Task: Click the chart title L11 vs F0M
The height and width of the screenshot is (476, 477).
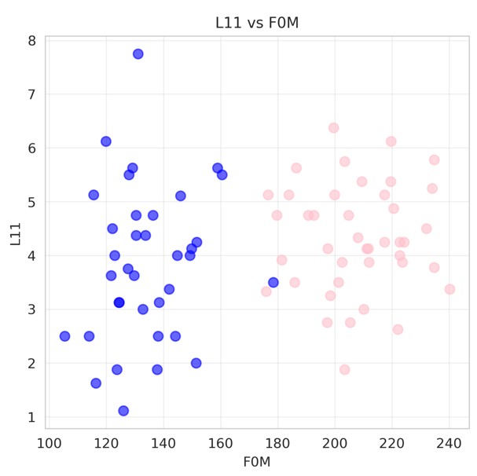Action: pos(257,23)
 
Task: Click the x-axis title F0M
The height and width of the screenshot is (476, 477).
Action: pos(257,462)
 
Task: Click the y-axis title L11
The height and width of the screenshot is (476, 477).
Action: pos(15,233)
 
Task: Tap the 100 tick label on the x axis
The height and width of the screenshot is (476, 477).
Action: pos(49,443)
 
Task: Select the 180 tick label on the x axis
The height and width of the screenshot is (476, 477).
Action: pos(277,443)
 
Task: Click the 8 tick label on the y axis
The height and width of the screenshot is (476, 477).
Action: pos(31,41)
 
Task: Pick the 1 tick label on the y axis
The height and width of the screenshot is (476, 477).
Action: pos(31,417)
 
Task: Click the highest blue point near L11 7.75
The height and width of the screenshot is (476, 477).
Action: pos(138,54)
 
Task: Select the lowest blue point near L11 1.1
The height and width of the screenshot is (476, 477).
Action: pos(123,411)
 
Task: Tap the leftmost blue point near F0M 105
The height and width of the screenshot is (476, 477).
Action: pos(64,336)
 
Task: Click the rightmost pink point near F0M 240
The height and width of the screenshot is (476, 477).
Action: pos(449,289)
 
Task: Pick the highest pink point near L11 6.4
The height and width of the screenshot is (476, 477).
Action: pos(333,128)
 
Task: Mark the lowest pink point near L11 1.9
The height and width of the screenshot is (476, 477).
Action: pos(344,370)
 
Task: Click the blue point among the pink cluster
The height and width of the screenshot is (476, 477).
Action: pos(273,282)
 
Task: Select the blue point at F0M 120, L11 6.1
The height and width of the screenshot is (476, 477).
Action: pos(106,141)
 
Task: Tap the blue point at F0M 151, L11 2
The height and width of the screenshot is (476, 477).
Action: pos(196,363)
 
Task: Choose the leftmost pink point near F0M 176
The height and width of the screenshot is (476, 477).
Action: pos(266,291)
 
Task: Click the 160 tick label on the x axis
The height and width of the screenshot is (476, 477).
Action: pos(220,443)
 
